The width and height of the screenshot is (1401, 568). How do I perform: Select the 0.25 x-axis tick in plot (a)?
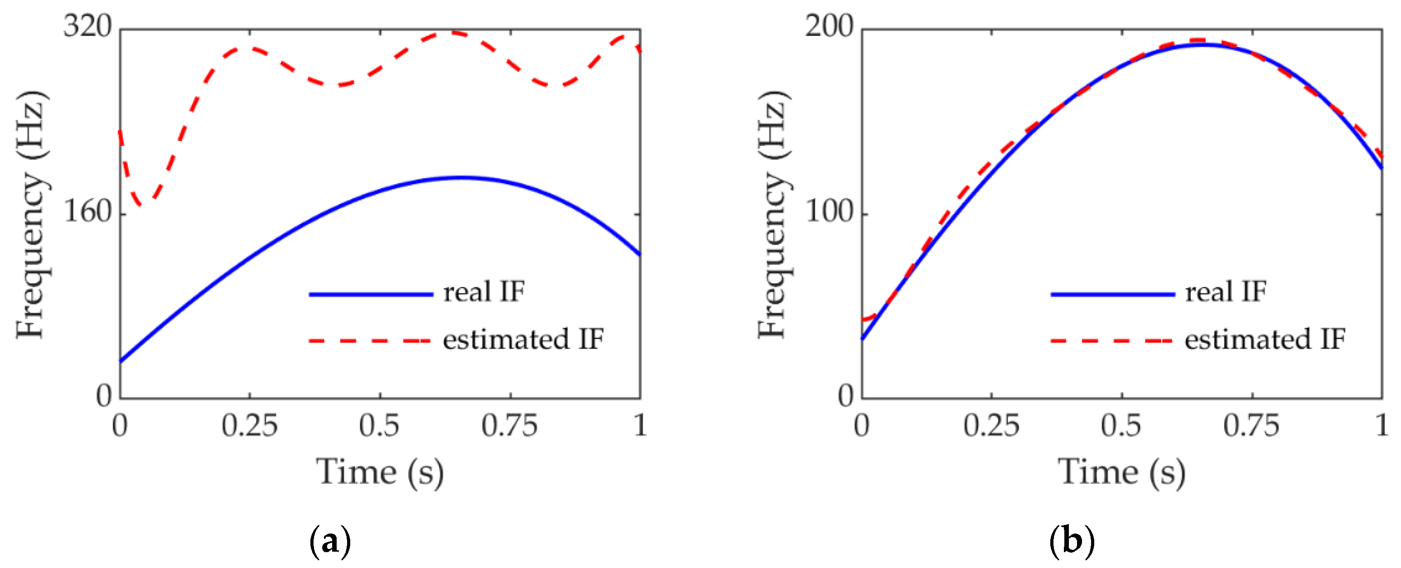pos(250,426)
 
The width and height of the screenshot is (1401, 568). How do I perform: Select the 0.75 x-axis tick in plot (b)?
pos(1251,426)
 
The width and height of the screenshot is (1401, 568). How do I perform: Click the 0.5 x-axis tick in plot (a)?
pos(380,426)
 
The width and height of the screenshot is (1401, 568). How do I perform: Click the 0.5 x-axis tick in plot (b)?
pos(1121,426)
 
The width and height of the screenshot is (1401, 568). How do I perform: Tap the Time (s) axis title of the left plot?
pos(380,472)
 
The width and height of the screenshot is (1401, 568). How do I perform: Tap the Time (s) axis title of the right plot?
pos(1121,472)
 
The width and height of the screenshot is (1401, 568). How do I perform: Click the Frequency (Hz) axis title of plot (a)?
pos(32,215)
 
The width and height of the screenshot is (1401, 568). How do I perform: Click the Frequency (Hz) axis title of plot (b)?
pos(773,215)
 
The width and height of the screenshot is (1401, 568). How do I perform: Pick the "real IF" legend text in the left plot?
pos(483,292)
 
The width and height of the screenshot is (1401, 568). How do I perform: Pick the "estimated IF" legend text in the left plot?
pos(523,340)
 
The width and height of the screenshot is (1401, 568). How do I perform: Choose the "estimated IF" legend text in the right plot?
pos(1265,340)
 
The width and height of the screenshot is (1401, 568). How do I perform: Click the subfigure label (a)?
pos(329,542)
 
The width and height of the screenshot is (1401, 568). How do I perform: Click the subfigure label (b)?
pos(1072,542)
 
